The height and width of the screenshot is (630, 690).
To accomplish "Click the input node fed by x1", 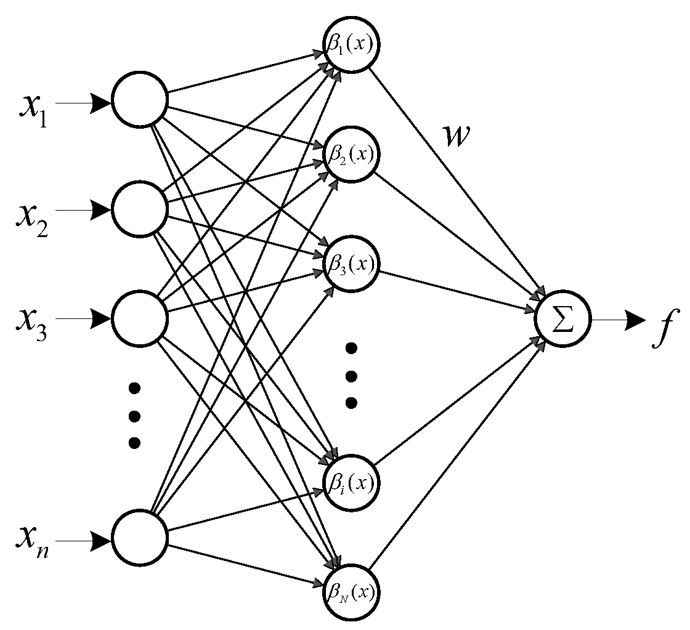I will tap(139, 100).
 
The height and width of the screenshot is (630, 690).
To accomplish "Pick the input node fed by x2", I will tap(139, 209).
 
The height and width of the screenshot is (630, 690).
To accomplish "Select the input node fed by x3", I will tap(139, 318).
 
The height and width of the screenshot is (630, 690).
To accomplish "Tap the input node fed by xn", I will tap(139, 538).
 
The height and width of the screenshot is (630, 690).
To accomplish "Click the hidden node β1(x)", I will tap(351, 46).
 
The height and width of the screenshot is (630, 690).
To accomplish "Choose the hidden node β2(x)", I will tap(351, 153).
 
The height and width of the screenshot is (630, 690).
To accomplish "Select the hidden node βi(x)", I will tap(351, 482).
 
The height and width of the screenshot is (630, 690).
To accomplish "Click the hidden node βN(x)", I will tap(351, 592).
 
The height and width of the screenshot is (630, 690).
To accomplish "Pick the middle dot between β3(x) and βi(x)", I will tap(351, 376).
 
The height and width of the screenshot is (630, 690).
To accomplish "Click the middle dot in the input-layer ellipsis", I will tap(134, 414).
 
